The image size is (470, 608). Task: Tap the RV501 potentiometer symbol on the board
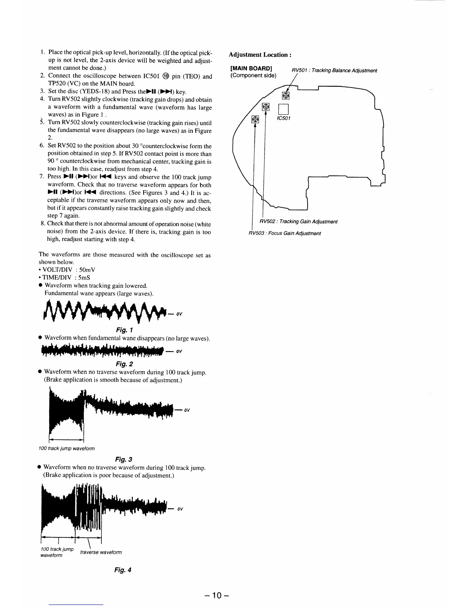pos(286,95)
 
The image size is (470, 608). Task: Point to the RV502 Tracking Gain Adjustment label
pos(298,221)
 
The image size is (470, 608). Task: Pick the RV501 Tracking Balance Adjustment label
pos(334,71)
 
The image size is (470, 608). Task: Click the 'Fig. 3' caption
pos(124,459)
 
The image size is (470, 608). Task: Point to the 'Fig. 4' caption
pos(123,570)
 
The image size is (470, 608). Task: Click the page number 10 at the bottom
pos(217,596)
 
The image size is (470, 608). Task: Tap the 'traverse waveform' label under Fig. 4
pos(101,552)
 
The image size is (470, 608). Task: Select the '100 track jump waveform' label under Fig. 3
pos(66,448)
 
